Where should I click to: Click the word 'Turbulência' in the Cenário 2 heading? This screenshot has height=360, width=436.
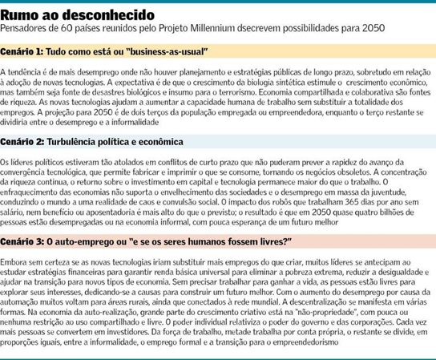89,141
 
